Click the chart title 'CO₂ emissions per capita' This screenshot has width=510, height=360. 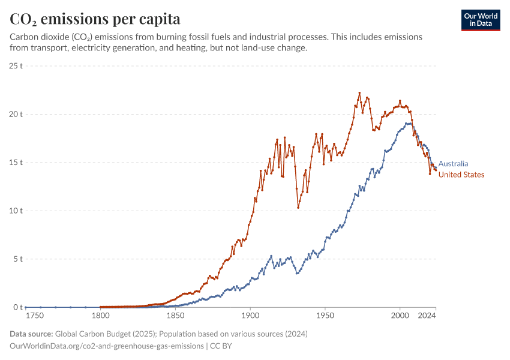(x=95, y=19)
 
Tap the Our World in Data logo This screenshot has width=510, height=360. (x=480, y=20)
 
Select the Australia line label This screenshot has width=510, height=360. (x=453, y=164)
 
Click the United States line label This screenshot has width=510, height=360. (x=461, y=175)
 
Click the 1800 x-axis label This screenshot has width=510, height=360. (x=100, y=315)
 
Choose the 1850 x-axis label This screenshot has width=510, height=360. (x=175, y=315)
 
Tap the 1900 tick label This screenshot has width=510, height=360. (x=250, y=315)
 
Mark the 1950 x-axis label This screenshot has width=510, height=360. (x=325, y=315)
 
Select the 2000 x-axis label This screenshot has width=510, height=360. (x=400, y=315)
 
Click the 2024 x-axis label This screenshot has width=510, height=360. (x=427, y=315)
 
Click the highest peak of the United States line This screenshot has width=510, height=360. (x=359, y=93)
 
